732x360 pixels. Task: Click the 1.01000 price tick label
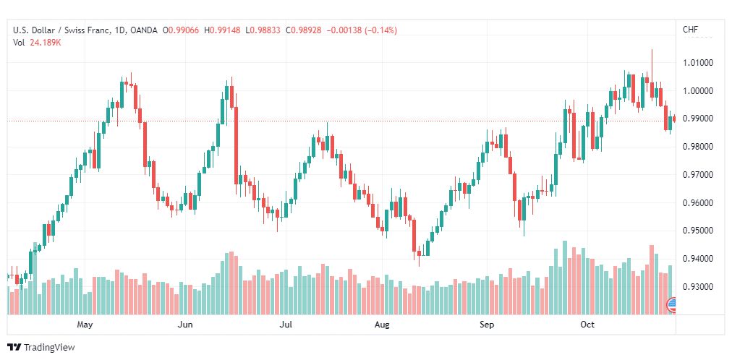pos(698,63)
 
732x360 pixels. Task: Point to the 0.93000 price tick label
pos(698,287)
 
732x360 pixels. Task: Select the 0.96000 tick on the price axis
pos(698,203)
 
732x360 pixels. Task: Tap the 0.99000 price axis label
pos(698,119)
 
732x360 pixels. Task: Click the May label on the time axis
pos(86,325)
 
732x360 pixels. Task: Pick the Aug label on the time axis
pos(382,325)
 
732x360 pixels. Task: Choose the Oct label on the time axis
pos(587,325)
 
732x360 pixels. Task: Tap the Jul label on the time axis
pos(286,325)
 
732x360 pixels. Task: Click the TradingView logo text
pos(49,348)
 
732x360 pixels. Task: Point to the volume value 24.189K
pos(45,42)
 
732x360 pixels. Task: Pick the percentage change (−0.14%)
pos(377,30)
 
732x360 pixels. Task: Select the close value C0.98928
pos(304,30)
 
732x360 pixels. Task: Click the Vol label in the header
pos(19,42)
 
